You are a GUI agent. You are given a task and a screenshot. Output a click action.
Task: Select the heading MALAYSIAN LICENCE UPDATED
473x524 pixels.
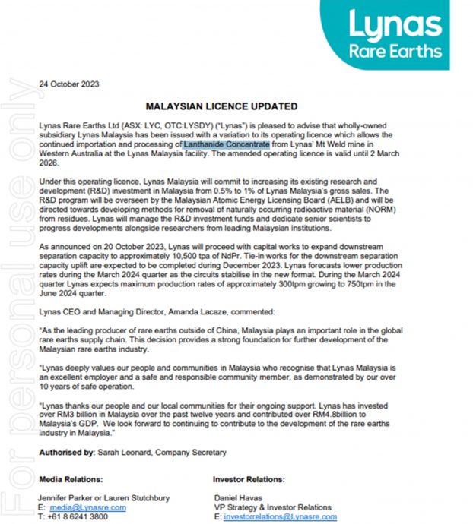coord(221,106)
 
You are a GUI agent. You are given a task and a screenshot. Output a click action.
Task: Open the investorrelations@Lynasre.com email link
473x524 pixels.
coord(276,516)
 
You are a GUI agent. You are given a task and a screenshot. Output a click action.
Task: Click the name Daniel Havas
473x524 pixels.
coord(237,498)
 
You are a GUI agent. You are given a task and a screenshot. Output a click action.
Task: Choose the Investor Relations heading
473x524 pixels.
coord(249,480)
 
